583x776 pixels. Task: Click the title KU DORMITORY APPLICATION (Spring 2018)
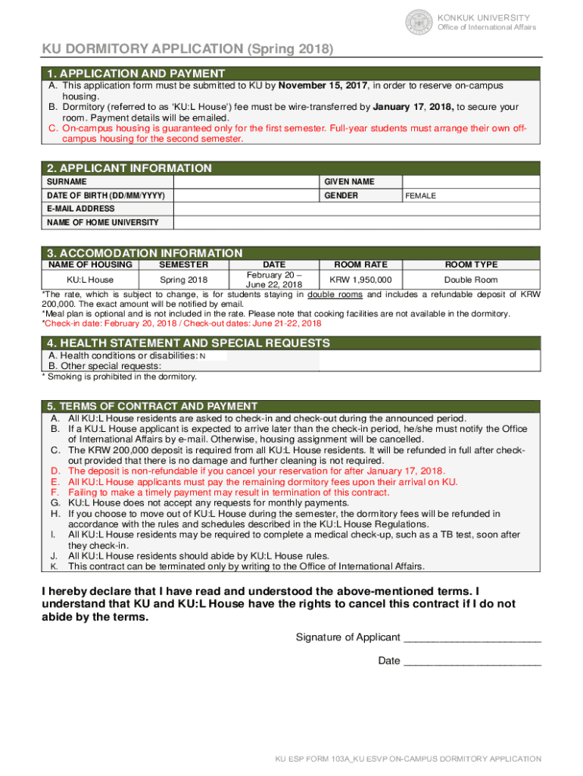click(187, 49)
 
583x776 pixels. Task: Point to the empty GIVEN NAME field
click(470, 182)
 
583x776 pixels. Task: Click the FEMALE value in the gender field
click(421, 196)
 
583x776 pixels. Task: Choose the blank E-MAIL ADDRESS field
click(356, 208)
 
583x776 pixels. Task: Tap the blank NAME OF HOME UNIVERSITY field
click(356, 222)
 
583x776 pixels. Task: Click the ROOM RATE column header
click(360, 264)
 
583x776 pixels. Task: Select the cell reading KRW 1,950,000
click(360, 280)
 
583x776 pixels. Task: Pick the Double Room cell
click(470, 280)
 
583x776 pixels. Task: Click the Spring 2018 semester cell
click(184, 280)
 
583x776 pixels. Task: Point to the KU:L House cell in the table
click(90, 280)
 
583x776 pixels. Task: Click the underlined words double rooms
click(334, 295)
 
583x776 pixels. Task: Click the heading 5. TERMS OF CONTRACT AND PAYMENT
click(152, 406)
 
